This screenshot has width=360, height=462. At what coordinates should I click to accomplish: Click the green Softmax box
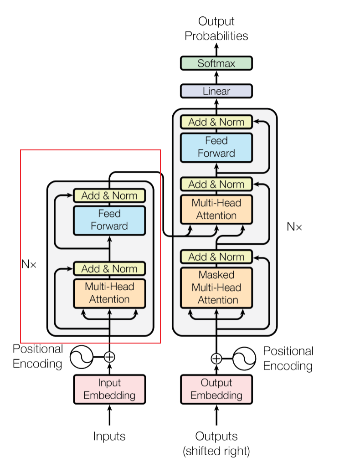tap(216, 63)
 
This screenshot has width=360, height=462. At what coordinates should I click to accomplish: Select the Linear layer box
tap(216, 91)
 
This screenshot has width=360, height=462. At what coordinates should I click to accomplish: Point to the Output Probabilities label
tap(216, 28)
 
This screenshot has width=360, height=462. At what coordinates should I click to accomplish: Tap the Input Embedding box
tap(109, 389)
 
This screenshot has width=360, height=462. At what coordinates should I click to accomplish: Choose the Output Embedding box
tap(216, 389)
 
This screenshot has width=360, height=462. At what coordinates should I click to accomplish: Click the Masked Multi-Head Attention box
tap(216, 287)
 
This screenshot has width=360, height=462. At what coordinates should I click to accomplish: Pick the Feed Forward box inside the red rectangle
tap(109, 220)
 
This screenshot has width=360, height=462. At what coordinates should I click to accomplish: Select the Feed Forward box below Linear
tap(216, 147)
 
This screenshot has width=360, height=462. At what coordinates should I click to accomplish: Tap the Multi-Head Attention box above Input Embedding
tap(109, 293)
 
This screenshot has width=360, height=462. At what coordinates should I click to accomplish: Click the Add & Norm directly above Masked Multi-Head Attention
tap(216, 257)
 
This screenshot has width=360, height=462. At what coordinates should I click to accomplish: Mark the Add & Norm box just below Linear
tap(216, 122)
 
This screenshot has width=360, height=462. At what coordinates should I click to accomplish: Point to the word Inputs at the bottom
tap(109, 436)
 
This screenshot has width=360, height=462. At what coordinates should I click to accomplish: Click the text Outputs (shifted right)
tap(216, 443)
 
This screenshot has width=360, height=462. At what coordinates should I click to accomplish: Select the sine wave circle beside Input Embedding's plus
tap(81, 357)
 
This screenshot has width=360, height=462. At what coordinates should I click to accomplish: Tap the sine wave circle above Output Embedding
tap(244, 358)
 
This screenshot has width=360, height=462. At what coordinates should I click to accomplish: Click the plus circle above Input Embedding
tap(109, 357)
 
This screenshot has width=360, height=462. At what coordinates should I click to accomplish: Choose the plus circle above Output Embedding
tap(216, 358)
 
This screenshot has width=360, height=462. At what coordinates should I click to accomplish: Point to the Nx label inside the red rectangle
tap(28, 264)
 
